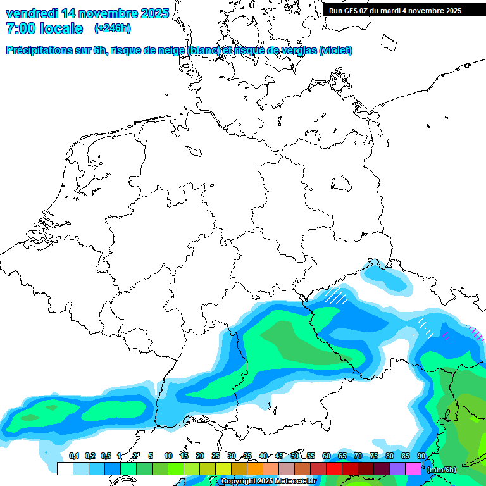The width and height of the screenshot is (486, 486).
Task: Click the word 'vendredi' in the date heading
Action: pos(32,13)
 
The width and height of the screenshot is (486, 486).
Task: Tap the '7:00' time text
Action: pos(18,28)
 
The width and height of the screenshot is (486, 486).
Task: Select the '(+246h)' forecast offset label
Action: pos(113,28)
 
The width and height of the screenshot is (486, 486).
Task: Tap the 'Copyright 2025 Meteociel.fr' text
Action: pos(268,482)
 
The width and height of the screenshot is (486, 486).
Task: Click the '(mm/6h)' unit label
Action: pos(442,469)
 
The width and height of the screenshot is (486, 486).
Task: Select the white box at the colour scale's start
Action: pos(65,469)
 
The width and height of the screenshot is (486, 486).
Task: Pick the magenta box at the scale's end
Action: pos(413,469)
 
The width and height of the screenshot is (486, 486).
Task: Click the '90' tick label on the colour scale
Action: pos(421,456)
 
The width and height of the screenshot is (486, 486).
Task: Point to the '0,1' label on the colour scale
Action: pos(73,456)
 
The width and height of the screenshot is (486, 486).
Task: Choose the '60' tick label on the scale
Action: pos(327,456)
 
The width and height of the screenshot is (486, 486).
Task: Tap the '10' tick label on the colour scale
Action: pos(168,456)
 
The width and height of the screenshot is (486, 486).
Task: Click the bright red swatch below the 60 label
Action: pos(334,469)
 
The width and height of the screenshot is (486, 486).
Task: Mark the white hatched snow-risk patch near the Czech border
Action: pos(337,296)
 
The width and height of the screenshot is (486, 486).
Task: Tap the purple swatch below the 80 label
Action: pos(397,469)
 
